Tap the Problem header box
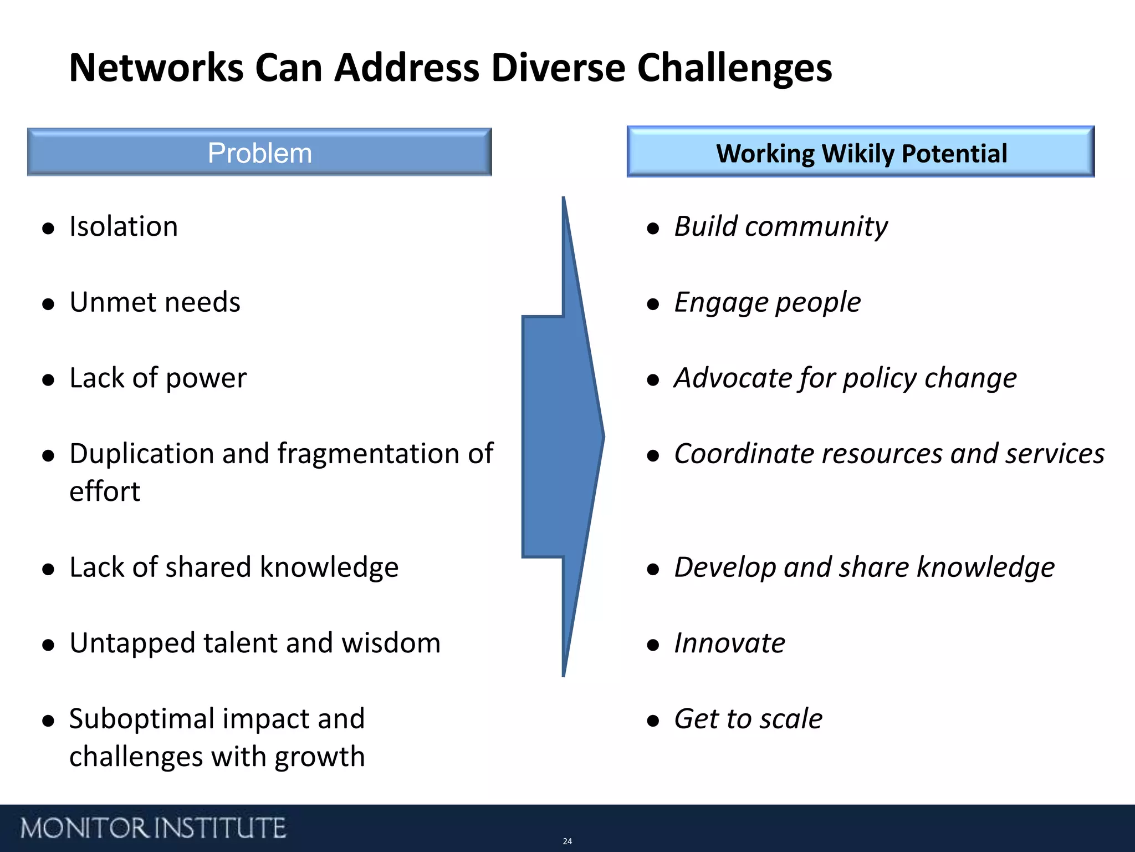pyautogui.click(x=259, y=153)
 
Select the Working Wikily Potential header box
pyautogui.click(x=861, y=153)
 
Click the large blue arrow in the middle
pyautogui.click(x=560, y=437)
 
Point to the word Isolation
pyautogui.click(x=124, y=226)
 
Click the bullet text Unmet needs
pyautogui.click(x=155, y=302)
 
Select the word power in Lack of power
pyautogui.click(x=206, y=379)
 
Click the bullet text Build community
pyautogui.click(x=780, y=227)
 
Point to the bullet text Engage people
pyautogui.click(x=767, y=303)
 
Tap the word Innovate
pyautogui.click(x=729, y=643)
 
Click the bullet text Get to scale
pyautogui.click(x=748, y=719)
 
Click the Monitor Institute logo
pyautogui.click(x=153, y=828)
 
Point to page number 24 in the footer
pyautogui.click(x=567, y=841)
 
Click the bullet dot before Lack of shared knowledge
pyautogui.click(x=49, y=569)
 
